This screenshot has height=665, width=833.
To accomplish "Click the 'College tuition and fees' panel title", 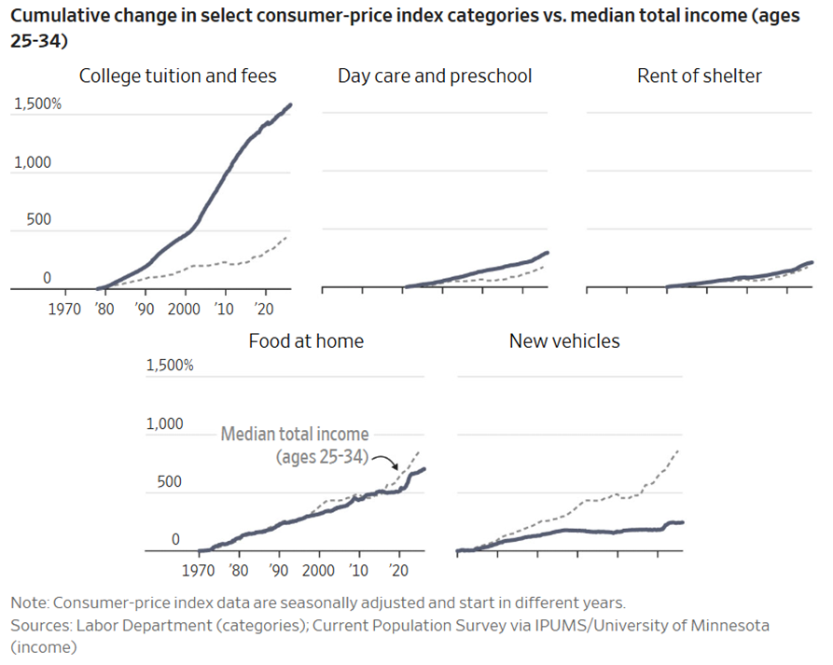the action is pos(177,76).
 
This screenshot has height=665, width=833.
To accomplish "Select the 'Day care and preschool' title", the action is pos(435,76).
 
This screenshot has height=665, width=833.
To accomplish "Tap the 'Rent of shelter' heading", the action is pos(699,76).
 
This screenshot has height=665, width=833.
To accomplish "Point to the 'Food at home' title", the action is pos(306,341).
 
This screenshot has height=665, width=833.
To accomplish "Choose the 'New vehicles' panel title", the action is pos(564,341).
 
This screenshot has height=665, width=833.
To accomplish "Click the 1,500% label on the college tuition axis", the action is pos(37,104).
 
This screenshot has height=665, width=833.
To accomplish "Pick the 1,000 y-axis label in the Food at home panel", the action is pos(165,423).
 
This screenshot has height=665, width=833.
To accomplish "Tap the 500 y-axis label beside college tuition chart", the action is pos(39,219).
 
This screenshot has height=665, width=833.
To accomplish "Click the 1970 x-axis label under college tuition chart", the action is pos(64,309).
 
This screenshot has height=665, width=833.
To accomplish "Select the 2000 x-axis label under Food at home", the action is pos(318,571).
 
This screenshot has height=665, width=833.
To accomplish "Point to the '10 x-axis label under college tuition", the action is pos(224,309).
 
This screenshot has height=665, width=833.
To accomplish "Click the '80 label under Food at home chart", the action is pos(239,571).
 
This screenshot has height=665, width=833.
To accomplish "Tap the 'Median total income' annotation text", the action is pos(295,434).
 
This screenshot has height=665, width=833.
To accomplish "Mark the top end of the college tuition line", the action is pos(290,105).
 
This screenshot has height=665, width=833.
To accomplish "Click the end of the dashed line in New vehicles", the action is pos(678,450).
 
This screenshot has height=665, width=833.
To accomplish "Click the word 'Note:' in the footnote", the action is pos(30,603).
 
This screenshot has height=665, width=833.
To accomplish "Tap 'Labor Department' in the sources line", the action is pos(145,625).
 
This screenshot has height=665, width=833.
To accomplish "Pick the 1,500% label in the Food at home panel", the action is pos(170,366).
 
